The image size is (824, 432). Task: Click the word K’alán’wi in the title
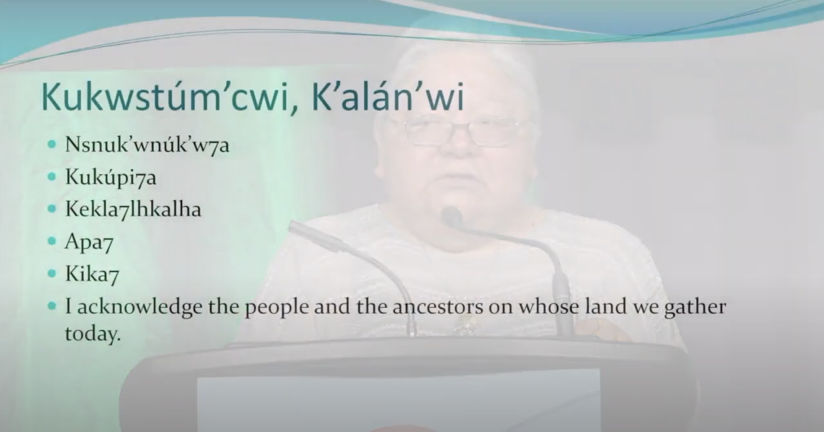(x=387, y=97)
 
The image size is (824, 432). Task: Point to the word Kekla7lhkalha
(x=133, y=209)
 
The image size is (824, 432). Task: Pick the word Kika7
(x=92, y=274)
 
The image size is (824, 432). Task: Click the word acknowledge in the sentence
(x=140, y=307)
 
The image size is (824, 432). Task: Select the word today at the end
(x=93, y=334)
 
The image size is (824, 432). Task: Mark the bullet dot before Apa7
(x=52, y=241)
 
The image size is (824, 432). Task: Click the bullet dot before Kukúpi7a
(x=52, y=177)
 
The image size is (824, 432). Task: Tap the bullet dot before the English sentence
(x=52, y=306)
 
